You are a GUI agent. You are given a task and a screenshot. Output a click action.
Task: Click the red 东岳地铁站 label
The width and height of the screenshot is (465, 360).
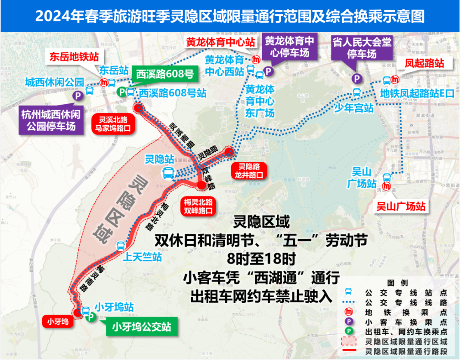pyautogui.click(x=74, y=57)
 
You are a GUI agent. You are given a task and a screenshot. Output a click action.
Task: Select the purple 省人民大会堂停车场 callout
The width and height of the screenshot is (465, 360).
pyautogui.click(x=362, y=47)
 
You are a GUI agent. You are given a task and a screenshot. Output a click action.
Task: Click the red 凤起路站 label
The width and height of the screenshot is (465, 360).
pyautogui.click(x=424, y=63)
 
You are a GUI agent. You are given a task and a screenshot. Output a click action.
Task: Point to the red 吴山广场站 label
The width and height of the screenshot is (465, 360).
pyautogui.click(x=401, y=206)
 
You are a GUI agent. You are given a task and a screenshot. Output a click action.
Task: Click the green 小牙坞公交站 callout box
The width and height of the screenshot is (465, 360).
pyautogui.click(x=142, y=327)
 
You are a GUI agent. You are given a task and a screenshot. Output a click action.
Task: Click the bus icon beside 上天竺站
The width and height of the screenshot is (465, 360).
pyautogui.click(x=121, y=246)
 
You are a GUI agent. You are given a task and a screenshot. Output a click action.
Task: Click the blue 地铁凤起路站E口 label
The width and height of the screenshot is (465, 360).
pyautogui.click(x=417, y=93)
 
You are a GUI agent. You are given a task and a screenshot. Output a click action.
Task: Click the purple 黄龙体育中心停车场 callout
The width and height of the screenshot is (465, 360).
pyautogui.click(x=289, y=47)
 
